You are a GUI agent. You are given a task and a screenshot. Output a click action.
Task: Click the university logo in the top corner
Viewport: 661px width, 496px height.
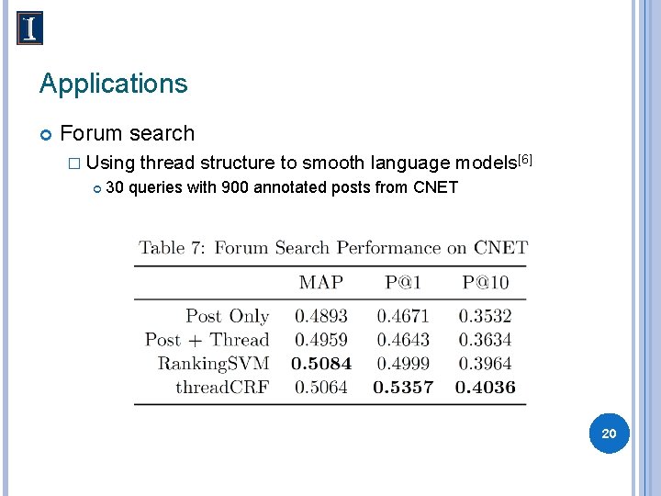click(29, 28)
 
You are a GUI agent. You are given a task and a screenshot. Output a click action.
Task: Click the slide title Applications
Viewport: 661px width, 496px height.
click(113, 84)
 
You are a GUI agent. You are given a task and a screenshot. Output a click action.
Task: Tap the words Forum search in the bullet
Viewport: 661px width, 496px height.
click(127, 133)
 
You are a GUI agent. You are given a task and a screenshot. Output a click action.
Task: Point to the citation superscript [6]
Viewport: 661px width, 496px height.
click(525, 160)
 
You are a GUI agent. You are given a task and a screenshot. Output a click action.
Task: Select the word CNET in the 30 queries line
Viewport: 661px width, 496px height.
click(436, 189)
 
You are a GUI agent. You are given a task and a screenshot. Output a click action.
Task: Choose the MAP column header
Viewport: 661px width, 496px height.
click(320, 283)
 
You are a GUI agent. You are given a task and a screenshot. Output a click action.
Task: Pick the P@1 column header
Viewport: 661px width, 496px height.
click(404, 283)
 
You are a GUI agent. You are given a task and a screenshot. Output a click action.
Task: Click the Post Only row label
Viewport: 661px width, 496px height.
click(227, 316)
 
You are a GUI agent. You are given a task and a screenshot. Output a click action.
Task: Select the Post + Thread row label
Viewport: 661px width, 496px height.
click(207, 340)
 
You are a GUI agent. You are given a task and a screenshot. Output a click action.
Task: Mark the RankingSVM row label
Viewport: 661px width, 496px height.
click(213, 364)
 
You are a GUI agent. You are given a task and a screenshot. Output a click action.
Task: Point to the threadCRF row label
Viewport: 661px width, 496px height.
click(222, 388)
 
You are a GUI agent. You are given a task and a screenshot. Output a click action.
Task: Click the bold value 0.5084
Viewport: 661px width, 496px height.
click(321, 364)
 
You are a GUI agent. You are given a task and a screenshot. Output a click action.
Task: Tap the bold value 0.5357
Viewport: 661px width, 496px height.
click(403, 388)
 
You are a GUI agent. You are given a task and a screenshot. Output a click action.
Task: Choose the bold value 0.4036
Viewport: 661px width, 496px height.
click(486, 388)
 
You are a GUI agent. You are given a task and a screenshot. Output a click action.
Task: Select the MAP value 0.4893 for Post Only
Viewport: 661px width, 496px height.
click(320, 316)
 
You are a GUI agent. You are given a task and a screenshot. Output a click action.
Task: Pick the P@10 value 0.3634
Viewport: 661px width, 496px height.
click(486, 340)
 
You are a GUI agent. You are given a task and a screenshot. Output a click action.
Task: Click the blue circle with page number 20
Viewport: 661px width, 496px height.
click(609, 433)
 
